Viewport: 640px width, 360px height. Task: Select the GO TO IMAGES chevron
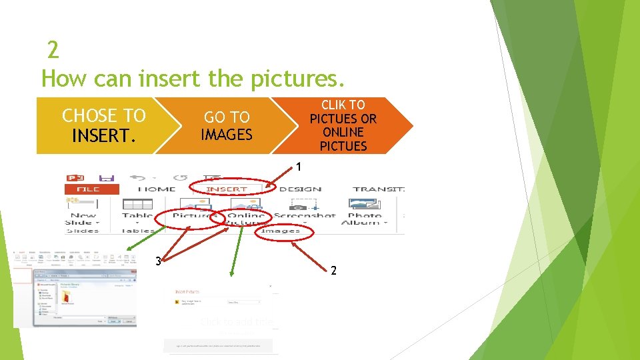(227, 125)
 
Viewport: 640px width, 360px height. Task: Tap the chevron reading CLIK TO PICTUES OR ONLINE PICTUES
(343, 125)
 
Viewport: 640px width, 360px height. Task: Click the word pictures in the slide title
(296, 79)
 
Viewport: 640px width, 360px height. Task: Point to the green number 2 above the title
(53, 50)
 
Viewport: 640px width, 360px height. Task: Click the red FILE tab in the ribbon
(89, 189)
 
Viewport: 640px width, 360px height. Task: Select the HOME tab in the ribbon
(157, 189)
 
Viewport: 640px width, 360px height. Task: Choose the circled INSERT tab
(227, 189)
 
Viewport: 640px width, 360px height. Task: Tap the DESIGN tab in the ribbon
(300, 189)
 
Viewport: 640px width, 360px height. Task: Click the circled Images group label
(281, 231)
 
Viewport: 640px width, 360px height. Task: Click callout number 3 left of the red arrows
(158, 261)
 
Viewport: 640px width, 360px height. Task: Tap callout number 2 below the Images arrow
(334, 271)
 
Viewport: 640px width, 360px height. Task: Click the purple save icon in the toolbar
(106, 178)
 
